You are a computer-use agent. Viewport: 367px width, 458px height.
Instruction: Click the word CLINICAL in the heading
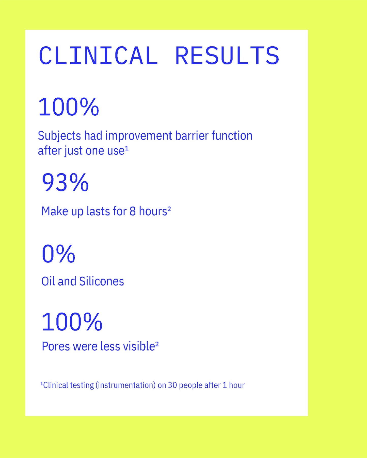click(x=98, y=56)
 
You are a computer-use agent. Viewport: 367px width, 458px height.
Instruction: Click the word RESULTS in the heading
click(x=227, y=56)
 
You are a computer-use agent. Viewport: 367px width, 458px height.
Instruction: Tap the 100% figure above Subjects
click(x=69, y=107)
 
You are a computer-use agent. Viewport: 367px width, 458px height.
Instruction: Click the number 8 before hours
click(x=133, y=211)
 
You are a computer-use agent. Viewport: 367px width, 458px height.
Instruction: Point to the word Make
click(x=55, y=211)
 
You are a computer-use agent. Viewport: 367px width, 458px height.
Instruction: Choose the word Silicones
click(x=102, y=281)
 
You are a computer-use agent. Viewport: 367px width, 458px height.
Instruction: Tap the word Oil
click(x=48, y=281)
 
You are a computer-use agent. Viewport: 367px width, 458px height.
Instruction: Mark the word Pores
click(x=56, y=346)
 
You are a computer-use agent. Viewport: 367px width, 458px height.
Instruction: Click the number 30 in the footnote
click(x=172, y=385)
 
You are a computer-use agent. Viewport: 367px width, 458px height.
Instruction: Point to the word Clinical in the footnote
click(x=56, y=385)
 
